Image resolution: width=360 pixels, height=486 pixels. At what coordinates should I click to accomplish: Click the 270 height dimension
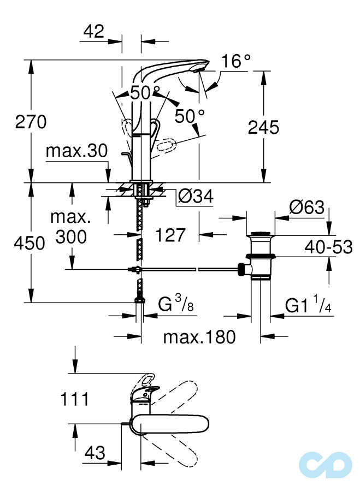31,122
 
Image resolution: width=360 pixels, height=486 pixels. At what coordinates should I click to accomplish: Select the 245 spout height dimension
263,127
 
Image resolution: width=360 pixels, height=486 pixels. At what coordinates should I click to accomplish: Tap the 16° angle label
235,62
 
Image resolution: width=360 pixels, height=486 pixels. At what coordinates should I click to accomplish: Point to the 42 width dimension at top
93,32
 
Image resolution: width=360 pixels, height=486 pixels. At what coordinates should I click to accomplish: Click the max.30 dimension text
76,151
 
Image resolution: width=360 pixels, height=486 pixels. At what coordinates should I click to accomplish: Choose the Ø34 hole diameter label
196,196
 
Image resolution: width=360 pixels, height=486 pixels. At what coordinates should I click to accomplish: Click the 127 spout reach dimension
170,235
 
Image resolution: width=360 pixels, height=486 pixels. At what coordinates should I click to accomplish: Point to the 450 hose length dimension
31,244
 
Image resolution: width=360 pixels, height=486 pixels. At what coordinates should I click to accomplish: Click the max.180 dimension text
199,337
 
